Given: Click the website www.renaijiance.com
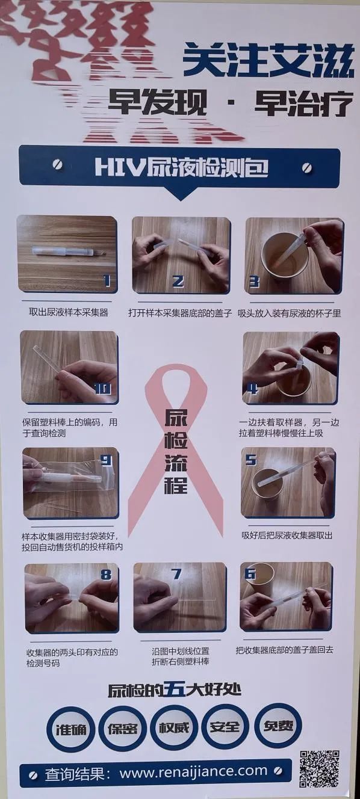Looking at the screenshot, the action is [193, 771].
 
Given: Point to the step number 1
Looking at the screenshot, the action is [107, 281].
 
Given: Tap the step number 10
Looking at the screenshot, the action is [103, 389].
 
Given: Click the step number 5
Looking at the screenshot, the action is [251, 460].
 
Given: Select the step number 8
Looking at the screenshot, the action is [106, 574].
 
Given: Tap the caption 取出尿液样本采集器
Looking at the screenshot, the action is [68, 312].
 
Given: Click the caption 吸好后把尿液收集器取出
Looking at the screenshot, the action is [287, 535].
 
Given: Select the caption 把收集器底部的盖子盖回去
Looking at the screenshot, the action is [284, 650].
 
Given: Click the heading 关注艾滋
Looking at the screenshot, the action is [268, 61].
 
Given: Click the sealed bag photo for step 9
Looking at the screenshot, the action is [70, 483].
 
